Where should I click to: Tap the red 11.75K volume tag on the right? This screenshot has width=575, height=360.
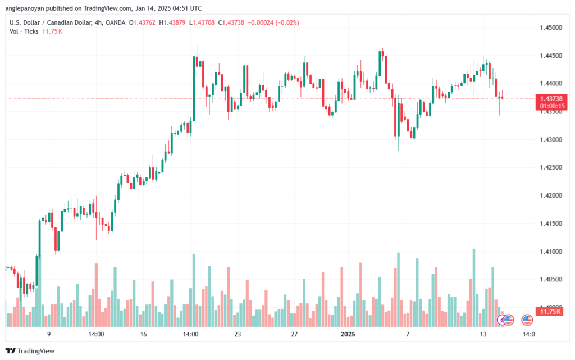pos(551,311)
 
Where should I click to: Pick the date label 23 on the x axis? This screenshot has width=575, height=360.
pos(238,334)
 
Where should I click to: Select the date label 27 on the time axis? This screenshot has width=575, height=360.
pos(294,334)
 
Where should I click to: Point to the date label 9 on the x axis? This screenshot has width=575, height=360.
pos(49,334)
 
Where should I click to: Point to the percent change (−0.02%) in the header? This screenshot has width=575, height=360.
pos(287,22)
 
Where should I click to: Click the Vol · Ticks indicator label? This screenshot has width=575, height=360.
pos(24,31)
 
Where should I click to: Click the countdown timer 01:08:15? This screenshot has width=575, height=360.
pos(551,106)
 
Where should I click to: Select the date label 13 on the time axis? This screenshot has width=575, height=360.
pos(482,334)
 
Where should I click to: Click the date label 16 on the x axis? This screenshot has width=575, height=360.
pos(143,334)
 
